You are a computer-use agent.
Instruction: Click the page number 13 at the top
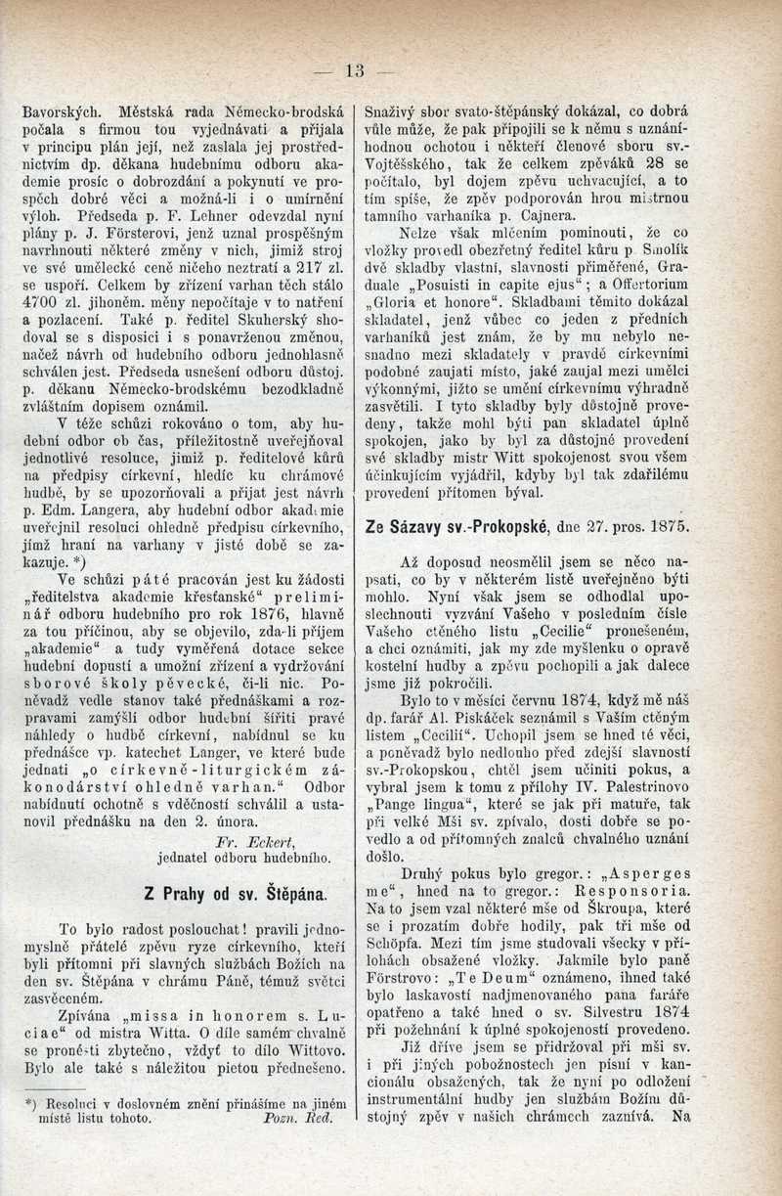coord(354,69)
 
